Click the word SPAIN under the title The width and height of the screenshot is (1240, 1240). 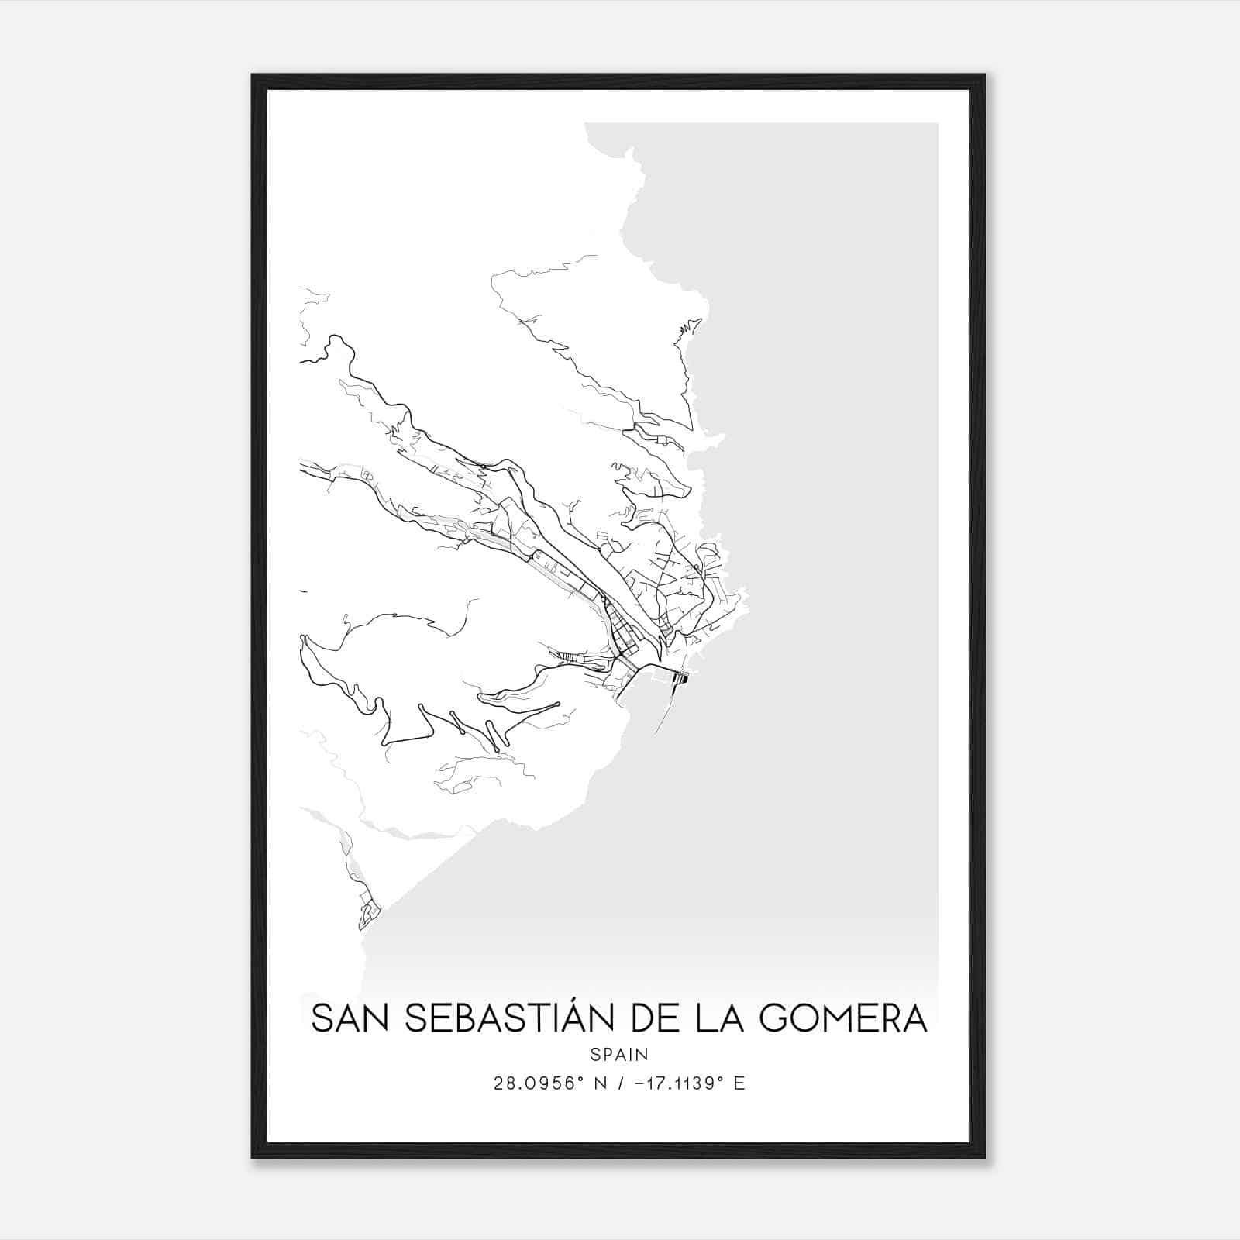(619, 1055)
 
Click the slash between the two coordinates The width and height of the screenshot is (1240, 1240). (622, 1083)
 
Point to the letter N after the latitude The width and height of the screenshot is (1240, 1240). (601, 1083)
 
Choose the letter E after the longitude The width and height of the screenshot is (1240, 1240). (739, 1083)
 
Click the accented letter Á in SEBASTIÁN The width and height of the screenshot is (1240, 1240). (568, 1017)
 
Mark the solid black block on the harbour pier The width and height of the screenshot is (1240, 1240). (682, 679)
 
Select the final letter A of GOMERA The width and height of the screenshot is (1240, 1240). (914, 1018)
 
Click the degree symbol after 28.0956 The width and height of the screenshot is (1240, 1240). (581, 1079)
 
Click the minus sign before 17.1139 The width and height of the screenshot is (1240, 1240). (639, 1083)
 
